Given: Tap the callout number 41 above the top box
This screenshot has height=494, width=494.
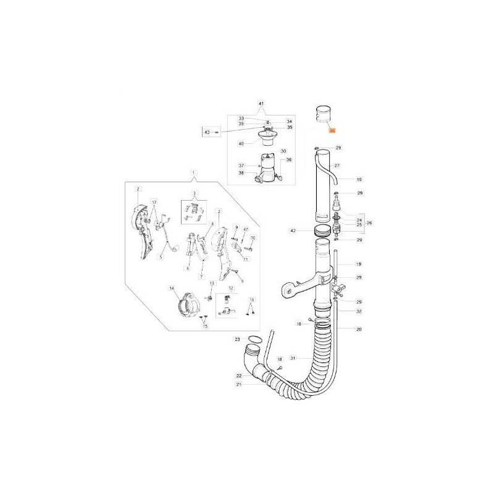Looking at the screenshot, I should (261, 104).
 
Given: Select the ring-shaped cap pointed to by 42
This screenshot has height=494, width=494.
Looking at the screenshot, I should (322, 231).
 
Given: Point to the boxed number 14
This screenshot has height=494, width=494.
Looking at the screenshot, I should (172, 288).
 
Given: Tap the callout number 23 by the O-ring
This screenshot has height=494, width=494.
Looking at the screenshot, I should (237, 339).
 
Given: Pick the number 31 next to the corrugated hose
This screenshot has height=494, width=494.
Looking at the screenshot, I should (293, 358).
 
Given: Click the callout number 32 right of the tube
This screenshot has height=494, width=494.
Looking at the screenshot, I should (359, 312).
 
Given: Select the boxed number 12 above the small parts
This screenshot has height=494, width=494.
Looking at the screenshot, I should (231, 288).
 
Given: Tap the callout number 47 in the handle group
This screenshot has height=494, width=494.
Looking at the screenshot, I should (245, 229).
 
